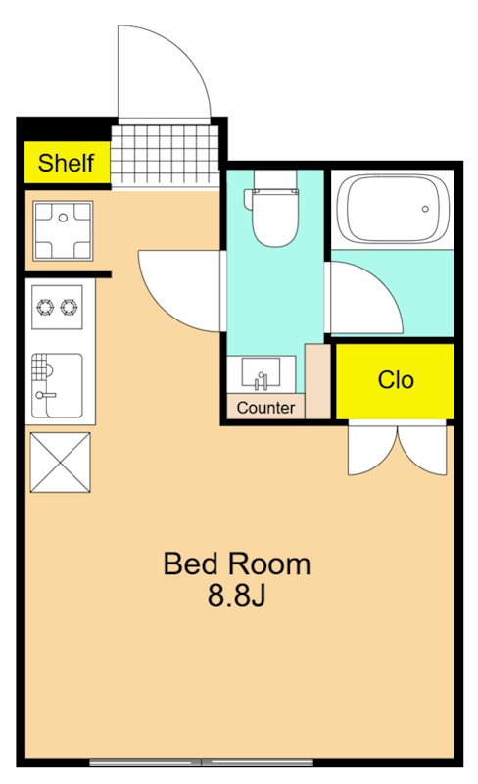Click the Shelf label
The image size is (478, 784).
66,163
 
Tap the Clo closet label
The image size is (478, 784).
396,380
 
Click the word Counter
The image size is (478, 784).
265,408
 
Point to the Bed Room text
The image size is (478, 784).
237,563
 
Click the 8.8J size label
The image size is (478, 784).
236,595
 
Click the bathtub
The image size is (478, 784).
393,209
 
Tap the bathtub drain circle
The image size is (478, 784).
425,209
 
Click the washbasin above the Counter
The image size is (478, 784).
261,371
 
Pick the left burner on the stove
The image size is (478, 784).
45,307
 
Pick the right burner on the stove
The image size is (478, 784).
69,307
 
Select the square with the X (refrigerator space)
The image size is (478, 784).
61,463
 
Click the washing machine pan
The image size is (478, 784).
63,230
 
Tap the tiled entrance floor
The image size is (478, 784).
165,156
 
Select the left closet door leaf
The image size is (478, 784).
372,449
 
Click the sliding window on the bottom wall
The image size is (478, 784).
202,762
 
